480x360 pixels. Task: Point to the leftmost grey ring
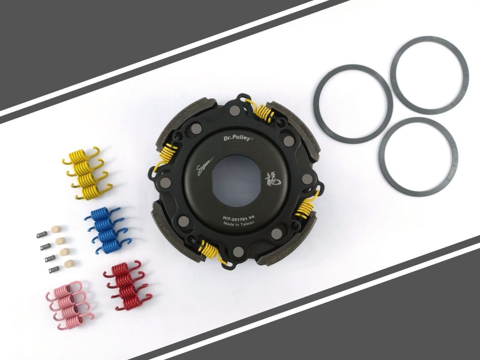[353, 104]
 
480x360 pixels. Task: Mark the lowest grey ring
[418, 157]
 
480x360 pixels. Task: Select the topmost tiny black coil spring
[42, 234]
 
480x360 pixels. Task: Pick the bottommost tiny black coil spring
[54, 269]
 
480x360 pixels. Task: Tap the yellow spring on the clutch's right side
[306, 207]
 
